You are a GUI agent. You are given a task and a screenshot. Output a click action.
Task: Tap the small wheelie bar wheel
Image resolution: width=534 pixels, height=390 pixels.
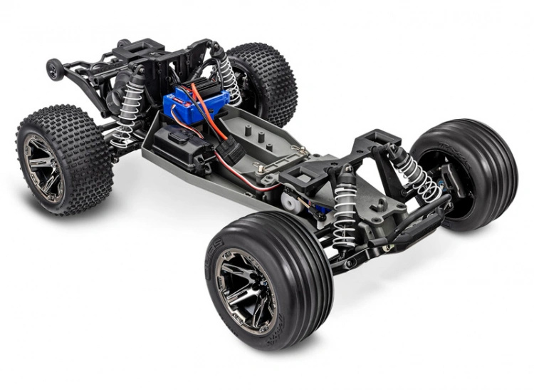[x=53, y=68]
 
